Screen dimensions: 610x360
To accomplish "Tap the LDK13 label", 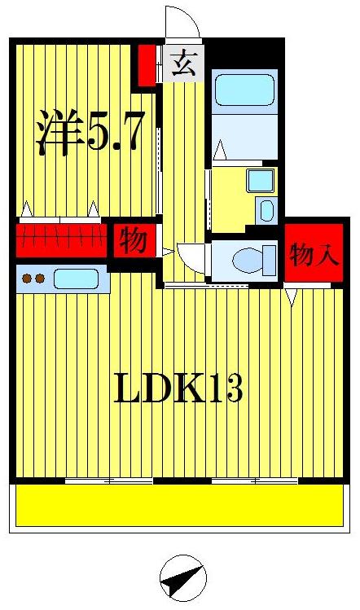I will (178, 389).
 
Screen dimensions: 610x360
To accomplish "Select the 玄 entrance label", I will (183, 64).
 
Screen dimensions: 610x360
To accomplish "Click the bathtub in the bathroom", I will (244, 91).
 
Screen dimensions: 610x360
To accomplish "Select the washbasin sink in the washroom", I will (261, 180).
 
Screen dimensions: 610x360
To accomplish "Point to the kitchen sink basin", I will (76, 279).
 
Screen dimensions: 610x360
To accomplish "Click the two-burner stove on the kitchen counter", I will (33, 279).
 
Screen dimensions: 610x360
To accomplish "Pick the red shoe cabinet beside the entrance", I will (147, 65).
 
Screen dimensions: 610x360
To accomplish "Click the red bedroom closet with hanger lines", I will (62, 239).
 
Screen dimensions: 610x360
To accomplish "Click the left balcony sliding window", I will (109, 481).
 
